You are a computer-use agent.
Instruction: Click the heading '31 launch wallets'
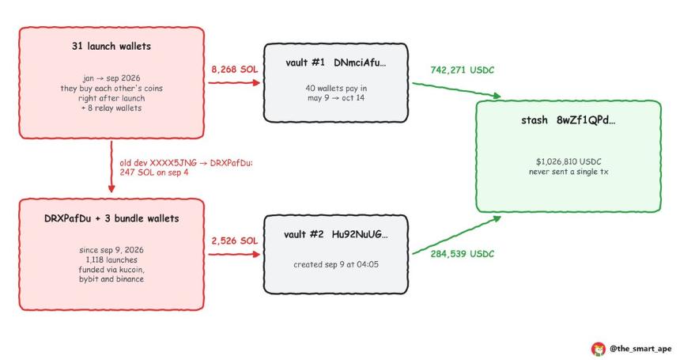coord(111,47)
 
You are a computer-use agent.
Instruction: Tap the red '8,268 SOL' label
coord(235,70)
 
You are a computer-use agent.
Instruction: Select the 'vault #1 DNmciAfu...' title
coord(336,63)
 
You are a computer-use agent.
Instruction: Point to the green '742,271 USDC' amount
coord(463,70)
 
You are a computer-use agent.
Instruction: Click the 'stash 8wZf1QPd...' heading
coord(568,120)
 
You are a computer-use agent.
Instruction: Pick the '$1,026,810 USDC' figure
coord(569,161)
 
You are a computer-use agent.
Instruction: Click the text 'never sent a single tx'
coord(569,172)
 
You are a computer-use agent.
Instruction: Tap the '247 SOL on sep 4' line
coord(154,172)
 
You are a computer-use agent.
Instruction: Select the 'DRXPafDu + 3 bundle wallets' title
coord(111,218)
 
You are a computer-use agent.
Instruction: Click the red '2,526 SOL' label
coord(235,241)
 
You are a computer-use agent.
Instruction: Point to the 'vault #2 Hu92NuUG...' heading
coord(336,235)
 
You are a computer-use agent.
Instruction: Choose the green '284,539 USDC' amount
coord(463,254)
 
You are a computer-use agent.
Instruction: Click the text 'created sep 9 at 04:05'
coord(336,264)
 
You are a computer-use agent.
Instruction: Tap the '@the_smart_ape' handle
coord(640,348)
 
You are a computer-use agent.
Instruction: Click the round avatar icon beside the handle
coord(599,349)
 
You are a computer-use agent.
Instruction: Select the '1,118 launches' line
coord(111,260)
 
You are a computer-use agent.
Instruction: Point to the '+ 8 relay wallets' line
coord(111,108)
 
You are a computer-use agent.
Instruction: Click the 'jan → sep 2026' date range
coord(111,78)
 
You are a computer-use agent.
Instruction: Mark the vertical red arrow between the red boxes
coord(111,166)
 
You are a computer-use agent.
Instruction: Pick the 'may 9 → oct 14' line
coord(336,98)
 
